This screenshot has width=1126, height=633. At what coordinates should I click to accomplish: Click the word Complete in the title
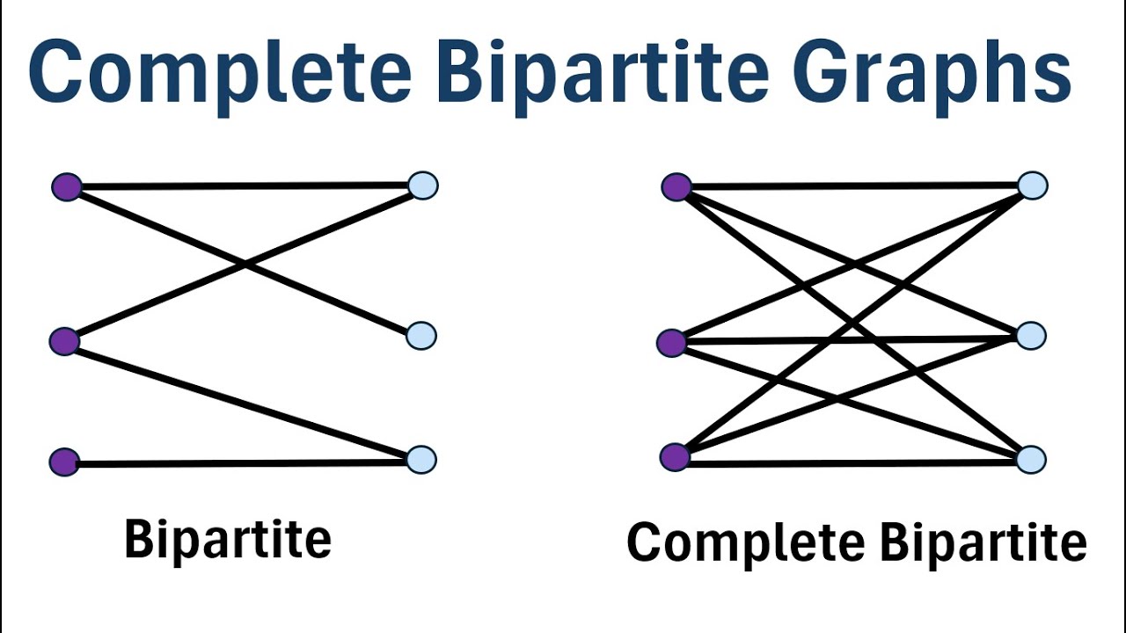pos(220,72)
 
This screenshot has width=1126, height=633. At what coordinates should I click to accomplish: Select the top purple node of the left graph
pos(67,186)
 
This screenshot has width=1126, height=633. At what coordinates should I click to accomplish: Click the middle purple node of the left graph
pos(64,341)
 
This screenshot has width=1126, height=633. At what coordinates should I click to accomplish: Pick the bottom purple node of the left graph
pos(64,462)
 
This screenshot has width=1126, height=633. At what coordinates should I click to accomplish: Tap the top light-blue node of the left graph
pos(423,186)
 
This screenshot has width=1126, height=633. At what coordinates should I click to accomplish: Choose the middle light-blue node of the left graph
pos(422,335)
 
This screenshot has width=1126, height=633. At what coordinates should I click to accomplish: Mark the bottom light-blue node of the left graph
pos(422,460)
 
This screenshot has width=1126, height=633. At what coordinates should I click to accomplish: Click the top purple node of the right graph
pos(676,186)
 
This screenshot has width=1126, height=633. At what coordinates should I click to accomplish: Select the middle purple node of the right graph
pos(672,343)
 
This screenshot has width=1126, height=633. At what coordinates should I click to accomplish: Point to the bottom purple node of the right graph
pos(675,457)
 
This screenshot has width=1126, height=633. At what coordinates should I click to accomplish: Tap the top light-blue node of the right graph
pos(1032,186)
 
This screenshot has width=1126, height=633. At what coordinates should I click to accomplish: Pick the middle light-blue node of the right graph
pos(1031,335)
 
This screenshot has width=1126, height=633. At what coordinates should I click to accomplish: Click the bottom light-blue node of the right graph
pos(1031,460)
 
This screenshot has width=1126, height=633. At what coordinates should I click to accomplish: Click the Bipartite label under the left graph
pos(228,538)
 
